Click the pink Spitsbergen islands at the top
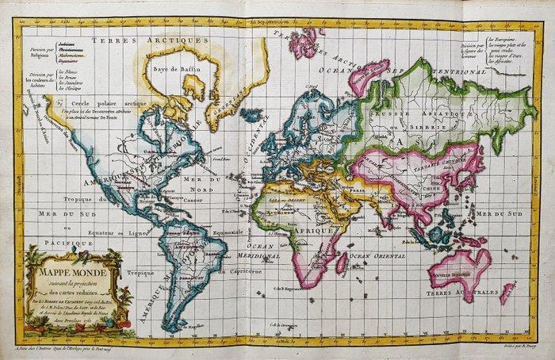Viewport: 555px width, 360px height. [306, 41]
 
